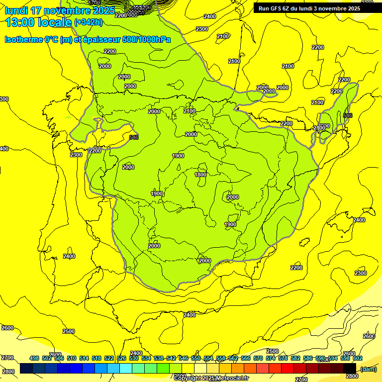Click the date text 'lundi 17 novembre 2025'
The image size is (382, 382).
60,10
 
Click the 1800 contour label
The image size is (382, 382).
200,175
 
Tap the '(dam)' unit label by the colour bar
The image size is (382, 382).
368,369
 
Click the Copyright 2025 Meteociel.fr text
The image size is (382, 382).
211,378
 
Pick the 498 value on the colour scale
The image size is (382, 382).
34,358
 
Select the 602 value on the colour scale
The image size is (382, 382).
358,358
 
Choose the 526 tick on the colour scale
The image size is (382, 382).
121,358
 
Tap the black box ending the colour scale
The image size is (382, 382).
350,369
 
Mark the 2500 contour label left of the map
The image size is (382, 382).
69,331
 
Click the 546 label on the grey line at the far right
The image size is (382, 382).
348,115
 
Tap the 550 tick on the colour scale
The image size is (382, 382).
196,358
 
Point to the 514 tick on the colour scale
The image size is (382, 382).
84,358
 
